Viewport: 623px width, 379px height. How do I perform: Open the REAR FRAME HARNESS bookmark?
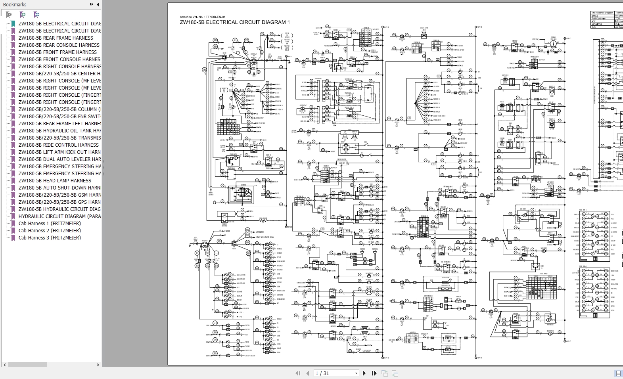point(56,38)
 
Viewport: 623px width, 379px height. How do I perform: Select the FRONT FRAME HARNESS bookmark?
point(58,52)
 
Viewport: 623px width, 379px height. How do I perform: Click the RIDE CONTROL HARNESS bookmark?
point(58,145)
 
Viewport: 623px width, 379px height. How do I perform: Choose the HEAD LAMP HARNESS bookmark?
point(55,181)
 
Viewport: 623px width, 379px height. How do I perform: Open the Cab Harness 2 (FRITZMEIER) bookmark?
point(50,231)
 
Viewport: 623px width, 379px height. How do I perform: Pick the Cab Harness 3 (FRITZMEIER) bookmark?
point(50,238)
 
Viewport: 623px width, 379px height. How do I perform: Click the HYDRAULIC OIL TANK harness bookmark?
point(59,131)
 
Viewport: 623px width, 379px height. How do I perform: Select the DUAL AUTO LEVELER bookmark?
point(59,159)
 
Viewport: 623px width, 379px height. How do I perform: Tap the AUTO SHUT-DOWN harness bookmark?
point(59,188)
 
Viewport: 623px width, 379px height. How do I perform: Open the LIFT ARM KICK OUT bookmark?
point(59,152)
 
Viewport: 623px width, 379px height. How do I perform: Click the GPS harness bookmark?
point(59,202)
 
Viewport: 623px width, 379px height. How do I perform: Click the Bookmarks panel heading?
point(15,5)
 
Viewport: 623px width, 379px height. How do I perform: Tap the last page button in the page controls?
point(374,373)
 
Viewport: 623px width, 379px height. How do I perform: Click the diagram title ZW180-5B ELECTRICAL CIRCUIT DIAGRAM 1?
point(235,23)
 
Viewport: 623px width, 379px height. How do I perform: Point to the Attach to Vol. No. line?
point(202,17)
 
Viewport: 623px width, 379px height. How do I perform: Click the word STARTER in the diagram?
point(227,231)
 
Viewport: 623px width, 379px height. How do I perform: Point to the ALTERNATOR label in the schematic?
point(259,232)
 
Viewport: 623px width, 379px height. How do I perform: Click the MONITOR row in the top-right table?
point(597,24)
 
